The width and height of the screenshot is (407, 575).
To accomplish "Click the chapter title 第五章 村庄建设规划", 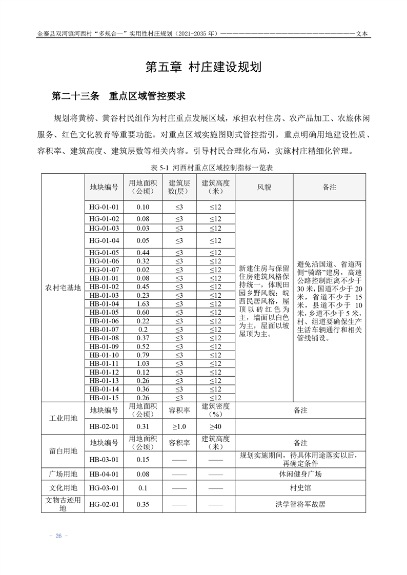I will (x=203, y=67).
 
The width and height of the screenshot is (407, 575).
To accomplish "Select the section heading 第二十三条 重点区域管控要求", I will (x=118, y=96).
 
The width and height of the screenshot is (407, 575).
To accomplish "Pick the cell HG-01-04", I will (x=104, y=240).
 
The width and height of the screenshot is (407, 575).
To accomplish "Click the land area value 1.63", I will (x=143, y=304).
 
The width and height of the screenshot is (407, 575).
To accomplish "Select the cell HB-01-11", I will (x=104, y=363).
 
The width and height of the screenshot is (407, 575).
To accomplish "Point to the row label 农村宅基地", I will (x=63, y=287).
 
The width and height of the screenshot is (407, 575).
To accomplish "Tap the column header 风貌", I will (x=264, y=187).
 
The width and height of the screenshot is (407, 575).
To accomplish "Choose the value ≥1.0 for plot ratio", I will (x=179, y=426).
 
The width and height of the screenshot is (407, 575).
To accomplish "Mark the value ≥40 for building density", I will (x=215, y=426).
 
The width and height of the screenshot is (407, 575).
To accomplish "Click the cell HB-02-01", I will (x=104, y=426).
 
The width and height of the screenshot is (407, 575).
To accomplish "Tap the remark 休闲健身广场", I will (x=300, y=474).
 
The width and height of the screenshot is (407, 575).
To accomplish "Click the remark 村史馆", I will (x=300, y=488).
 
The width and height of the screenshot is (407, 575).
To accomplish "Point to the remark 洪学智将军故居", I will (x=300, y=504).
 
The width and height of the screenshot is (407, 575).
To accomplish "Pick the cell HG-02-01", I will (x=104, y=504).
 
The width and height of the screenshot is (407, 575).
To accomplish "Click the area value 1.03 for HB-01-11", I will (x=143, y=363).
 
